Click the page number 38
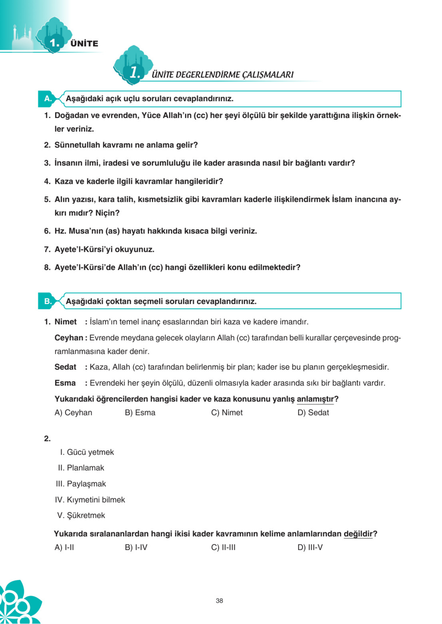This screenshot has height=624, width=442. (219, 601)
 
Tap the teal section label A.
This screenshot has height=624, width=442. (48, 99)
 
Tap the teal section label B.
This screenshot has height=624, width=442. (48, 301)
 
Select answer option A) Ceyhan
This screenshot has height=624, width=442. (73, 413)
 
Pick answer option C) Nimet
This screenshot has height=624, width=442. (227, 413)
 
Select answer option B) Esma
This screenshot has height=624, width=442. (140, 413)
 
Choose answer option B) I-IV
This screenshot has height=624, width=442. (136, 547)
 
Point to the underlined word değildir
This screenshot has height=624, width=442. (358, 534)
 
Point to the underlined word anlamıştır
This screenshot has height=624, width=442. (315, 399)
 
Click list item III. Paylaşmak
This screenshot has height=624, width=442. (81, 484)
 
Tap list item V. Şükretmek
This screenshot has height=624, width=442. (81, 515)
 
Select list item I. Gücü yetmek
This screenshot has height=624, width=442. (87, 452)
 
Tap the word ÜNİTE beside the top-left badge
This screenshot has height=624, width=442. (84, 43)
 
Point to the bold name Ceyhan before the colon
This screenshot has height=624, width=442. (68, 338)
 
